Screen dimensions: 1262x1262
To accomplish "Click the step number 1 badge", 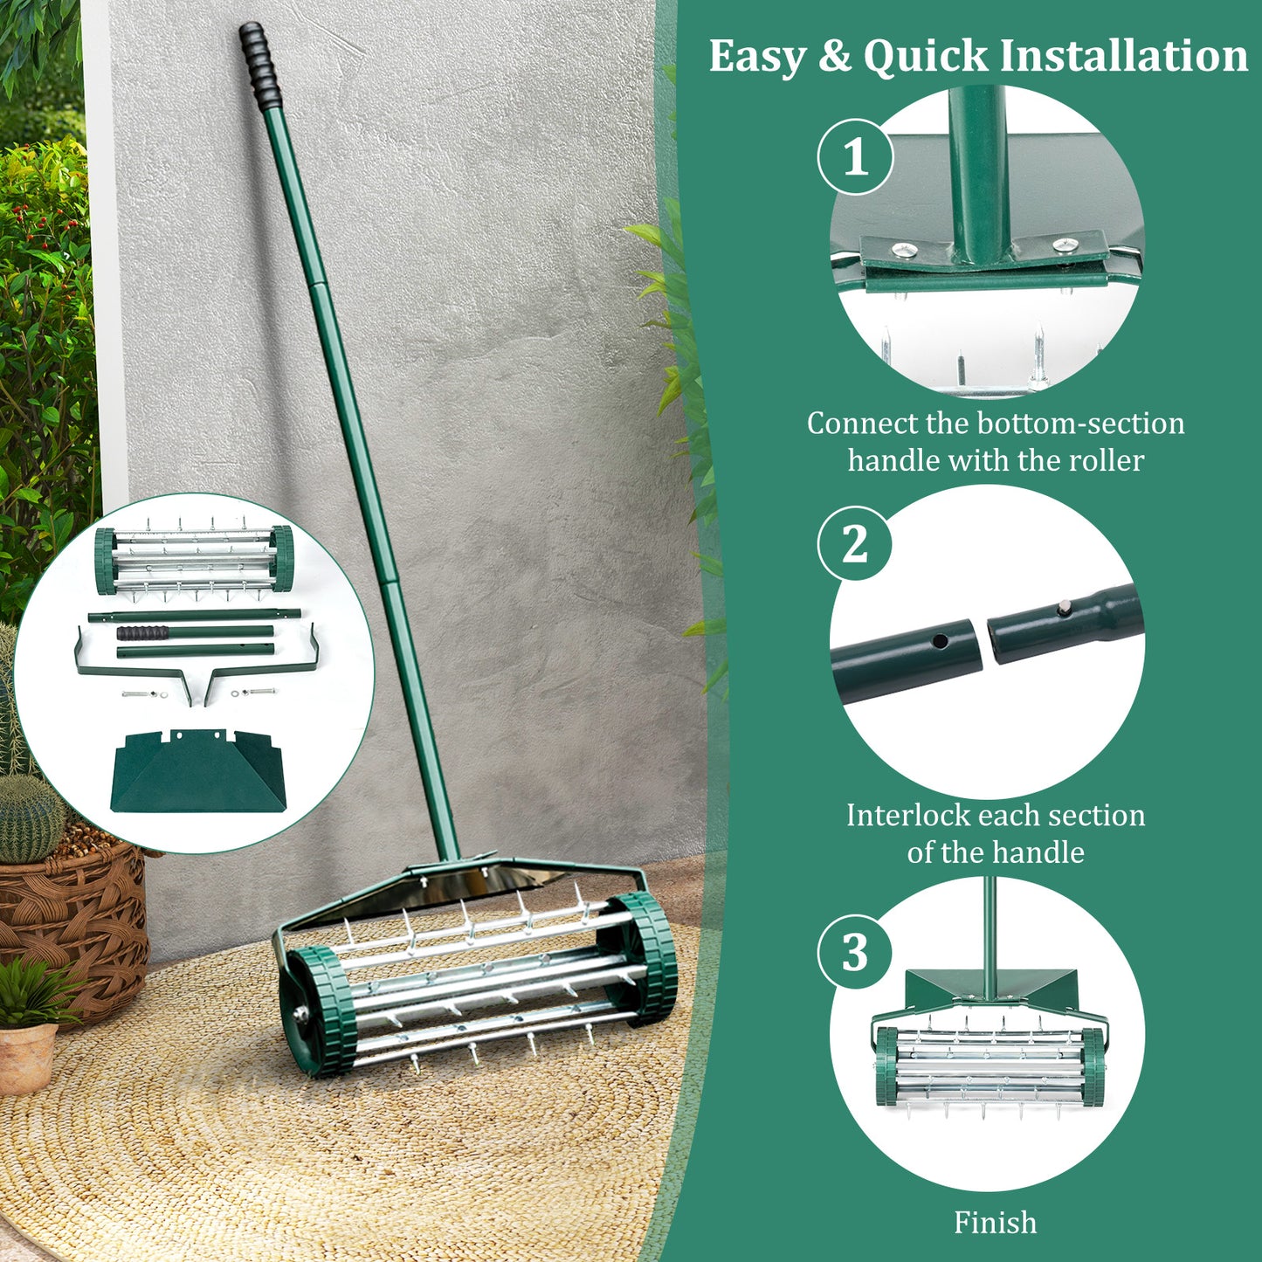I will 855,157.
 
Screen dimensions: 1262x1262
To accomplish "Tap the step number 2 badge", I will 855,544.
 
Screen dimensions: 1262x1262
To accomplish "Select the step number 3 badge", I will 855,951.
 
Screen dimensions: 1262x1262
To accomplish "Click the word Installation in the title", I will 1123,57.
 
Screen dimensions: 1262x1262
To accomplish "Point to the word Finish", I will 995,1222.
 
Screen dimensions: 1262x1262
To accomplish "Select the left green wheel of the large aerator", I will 316,1011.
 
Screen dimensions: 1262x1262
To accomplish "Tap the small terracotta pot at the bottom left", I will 26,1057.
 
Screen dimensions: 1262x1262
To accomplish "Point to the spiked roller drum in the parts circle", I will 194,561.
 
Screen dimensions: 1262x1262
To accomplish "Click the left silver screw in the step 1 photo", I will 898,251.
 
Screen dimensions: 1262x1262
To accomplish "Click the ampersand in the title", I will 835,57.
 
